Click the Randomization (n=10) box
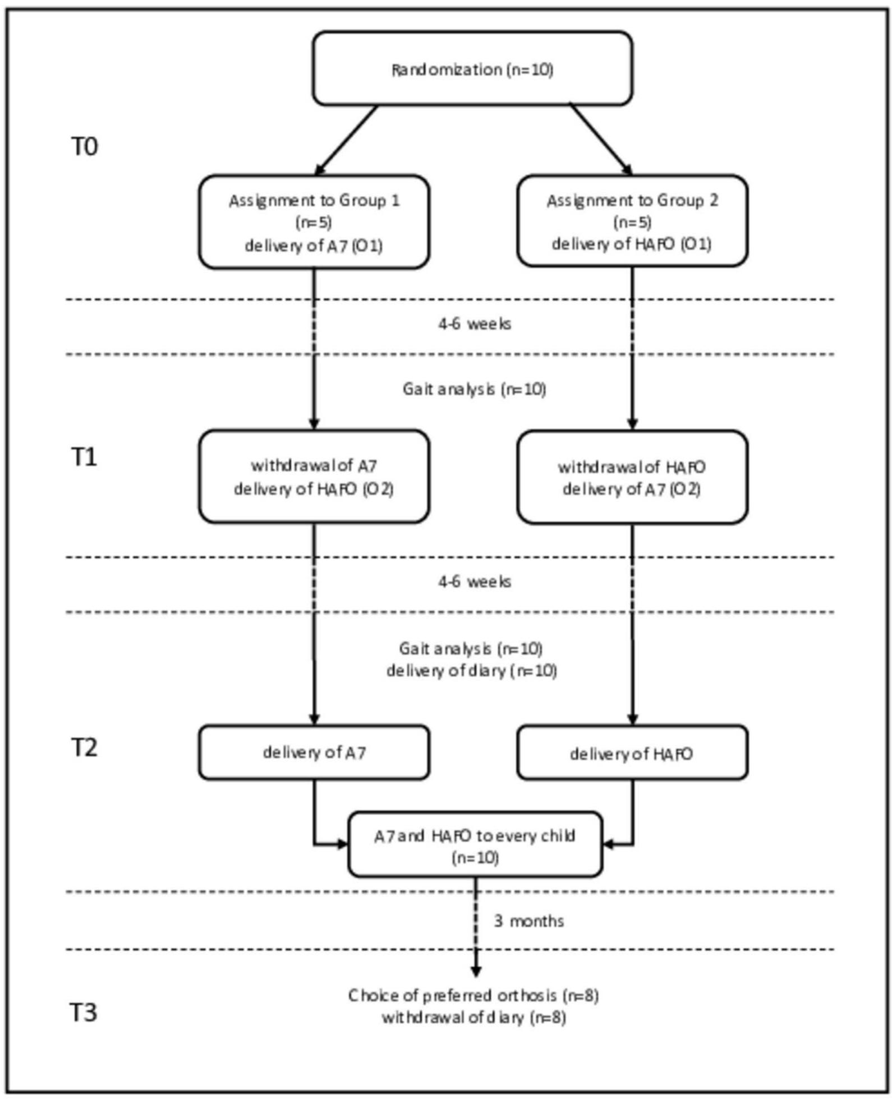472,68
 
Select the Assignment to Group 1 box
314,222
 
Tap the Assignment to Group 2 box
632,221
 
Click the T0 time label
85,146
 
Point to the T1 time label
84,457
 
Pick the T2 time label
84,747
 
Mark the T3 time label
84,1013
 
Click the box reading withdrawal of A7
314,477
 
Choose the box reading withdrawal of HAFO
632,477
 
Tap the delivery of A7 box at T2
314,752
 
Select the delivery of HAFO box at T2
632,753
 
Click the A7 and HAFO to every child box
475,844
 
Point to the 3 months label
528,921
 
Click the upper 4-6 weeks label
475,324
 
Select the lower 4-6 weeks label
475,582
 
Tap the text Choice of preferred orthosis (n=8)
473,996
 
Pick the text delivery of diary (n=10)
471,671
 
